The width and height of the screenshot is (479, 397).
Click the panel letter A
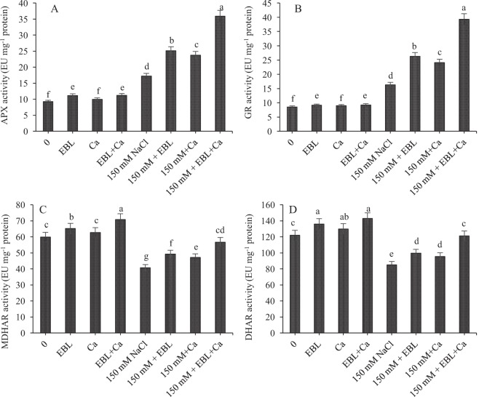(x=55, y=10)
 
